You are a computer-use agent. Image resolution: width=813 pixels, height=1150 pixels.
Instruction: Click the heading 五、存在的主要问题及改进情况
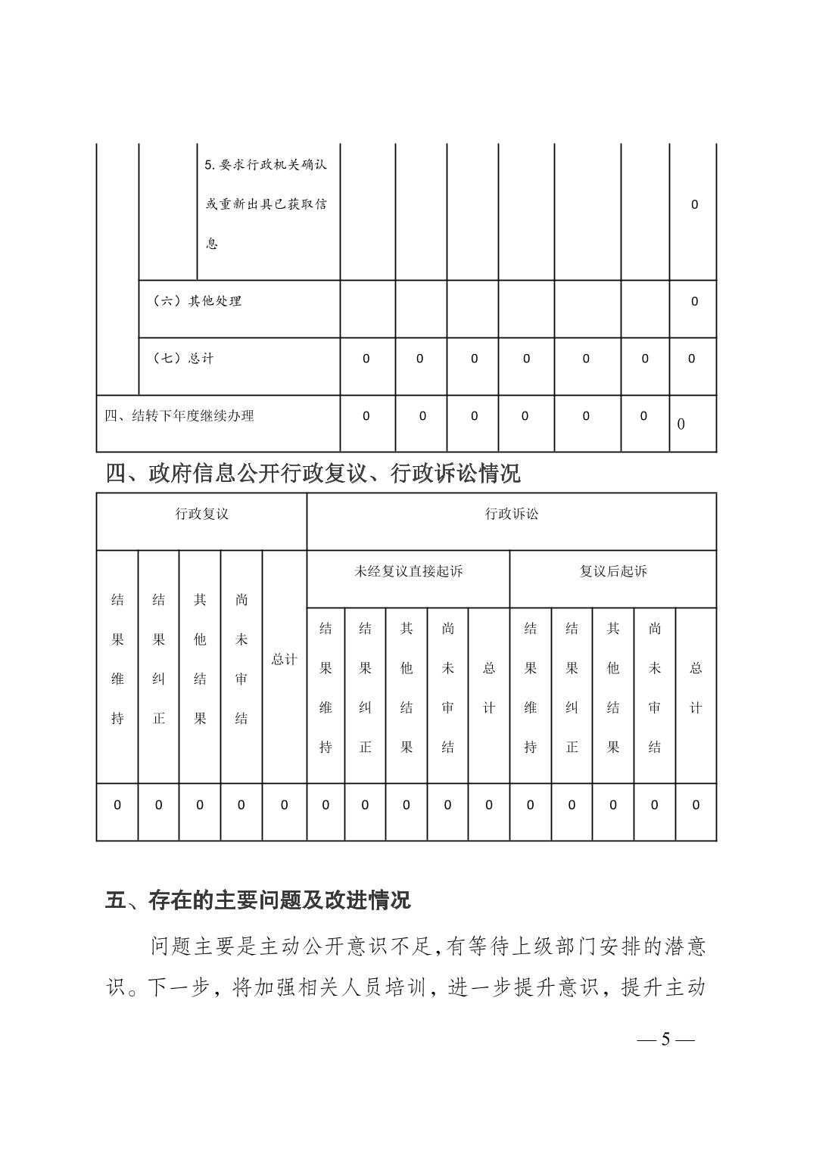coord(257,900)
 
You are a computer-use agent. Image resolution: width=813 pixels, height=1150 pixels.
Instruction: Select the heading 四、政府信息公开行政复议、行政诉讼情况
coord(313,474)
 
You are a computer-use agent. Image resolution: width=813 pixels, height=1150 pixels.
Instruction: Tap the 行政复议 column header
coord(201,514)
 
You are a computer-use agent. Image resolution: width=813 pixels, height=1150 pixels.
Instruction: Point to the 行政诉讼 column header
coord(512,514)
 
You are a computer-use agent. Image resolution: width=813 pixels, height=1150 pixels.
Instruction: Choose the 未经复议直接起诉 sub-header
coord(408,572)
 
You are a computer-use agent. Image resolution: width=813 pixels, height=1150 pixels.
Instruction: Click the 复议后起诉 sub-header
coord(613,572)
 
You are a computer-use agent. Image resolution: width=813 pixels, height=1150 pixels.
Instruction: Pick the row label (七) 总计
coord(183,359)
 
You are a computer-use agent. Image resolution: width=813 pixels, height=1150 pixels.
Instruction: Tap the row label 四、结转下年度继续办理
coord(179,416)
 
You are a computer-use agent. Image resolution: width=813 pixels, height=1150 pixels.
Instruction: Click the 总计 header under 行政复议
coord(285,660)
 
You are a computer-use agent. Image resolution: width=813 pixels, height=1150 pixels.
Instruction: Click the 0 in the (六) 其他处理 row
coord(694,302)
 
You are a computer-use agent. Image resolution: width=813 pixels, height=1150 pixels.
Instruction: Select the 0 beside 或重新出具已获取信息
coord(694,204)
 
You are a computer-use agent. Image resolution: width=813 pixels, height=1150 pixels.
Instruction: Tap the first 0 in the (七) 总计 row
coord(366,359)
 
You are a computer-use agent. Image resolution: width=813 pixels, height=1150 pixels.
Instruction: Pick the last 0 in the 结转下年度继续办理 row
coord(681,424)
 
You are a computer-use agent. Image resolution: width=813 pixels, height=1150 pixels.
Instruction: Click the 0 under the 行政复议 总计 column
coord(285,806)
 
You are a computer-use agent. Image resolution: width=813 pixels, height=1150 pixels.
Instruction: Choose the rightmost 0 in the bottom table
coord(696,806)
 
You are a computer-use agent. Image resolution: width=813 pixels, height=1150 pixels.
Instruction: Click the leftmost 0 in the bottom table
coord(117,806)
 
